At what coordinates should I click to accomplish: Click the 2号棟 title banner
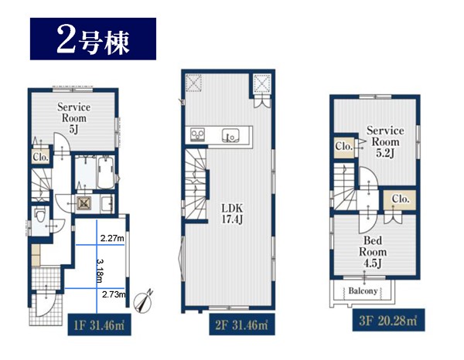(x=94, y=39)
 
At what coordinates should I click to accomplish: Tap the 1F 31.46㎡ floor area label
(x=99, y=324)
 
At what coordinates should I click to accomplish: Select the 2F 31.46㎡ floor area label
(x=242, y=324)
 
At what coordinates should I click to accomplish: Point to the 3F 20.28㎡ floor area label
(x=388, y=320)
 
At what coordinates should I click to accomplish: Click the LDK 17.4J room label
(x=232, y=213)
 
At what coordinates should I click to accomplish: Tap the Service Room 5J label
(x=74, y=118)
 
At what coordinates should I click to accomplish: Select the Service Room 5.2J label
(x=385, y=141)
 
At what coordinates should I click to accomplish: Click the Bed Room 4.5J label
(x=373, y=252)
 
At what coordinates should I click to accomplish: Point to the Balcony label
(x=363, y=290)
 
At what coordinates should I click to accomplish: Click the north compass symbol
(x=143, y=302)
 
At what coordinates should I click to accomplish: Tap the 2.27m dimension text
(x=112, y=238)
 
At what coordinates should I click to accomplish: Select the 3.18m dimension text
(x=100, y=271)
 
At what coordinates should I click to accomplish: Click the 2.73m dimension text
(x=114, y=294)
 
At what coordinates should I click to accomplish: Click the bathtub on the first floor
(x=105, y=173)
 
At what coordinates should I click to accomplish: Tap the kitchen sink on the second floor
(x=230, y=136)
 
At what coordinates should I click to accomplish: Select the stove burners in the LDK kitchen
(x=197, y=135)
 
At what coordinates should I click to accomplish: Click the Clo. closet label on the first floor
(x=40, y=158)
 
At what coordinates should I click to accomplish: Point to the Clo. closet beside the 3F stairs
(x=343, y=146)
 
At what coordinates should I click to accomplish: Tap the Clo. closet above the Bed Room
(x=401, y=199)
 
